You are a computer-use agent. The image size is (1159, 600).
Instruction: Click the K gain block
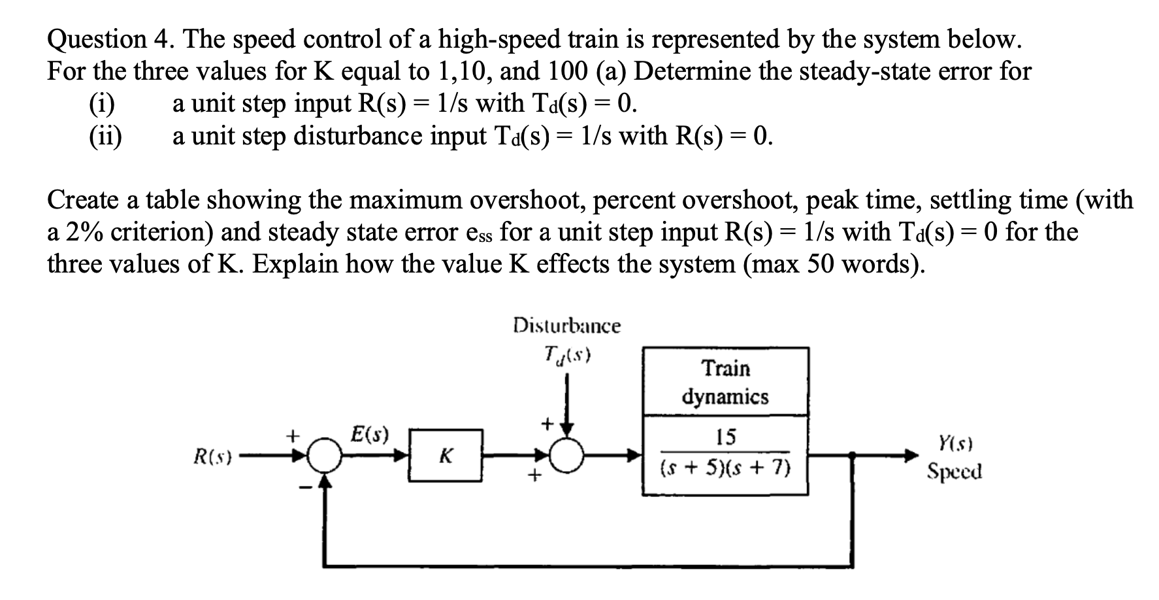coord(446,456)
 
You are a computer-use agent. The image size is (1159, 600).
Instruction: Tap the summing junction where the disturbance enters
coord(567,456)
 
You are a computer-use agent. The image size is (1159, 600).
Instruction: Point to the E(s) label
coord(369,433)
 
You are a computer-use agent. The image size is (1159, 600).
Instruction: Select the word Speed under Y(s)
coord(955,471)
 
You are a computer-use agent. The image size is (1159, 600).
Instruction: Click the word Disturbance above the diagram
coord(566,325)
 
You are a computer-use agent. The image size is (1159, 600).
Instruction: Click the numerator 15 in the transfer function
coord(725,436)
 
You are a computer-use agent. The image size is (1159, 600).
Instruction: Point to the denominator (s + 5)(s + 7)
coord(725,468)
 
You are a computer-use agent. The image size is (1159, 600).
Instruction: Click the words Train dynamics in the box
coord(725,382)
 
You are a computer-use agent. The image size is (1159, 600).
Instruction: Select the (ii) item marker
coord(105,137)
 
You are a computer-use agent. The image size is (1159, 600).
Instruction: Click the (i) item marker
coord(101,104)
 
